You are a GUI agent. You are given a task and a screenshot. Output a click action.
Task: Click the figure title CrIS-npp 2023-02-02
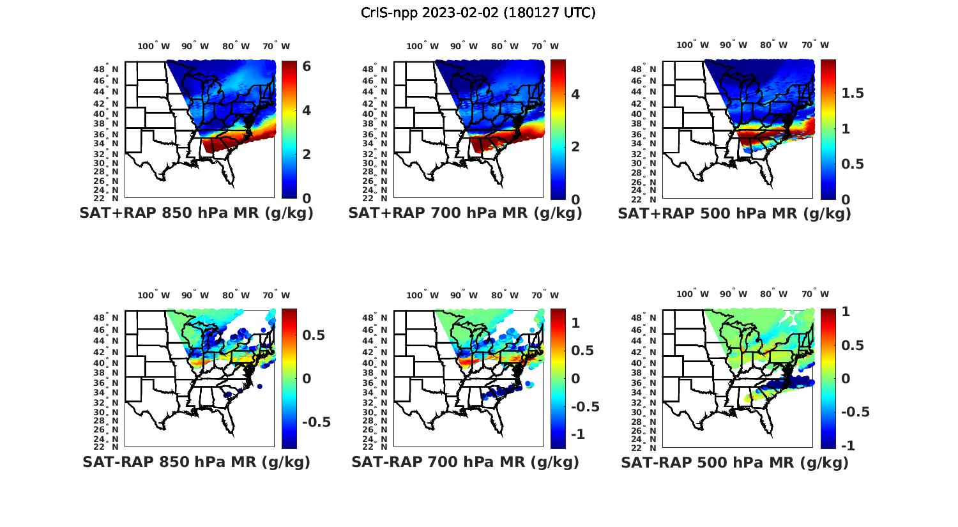(478, 13)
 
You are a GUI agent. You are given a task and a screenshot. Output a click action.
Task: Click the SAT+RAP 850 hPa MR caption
(196, 213)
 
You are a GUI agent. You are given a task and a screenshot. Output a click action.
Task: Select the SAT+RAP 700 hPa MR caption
(465, 213)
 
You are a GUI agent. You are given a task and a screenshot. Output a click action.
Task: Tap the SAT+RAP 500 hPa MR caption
(734, 213)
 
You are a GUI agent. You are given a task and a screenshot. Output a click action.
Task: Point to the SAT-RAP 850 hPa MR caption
(196, 462)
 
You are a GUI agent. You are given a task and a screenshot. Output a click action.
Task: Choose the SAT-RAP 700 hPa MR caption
(465, 462)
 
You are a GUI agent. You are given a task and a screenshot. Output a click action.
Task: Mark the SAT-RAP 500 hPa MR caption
(734, 462)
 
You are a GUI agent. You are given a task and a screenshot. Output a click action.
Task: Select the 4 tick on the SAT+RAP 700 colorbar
(575, 95)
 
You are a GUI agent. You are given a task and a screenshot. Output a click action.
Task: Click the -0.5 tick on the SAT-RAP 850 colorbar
(316, 422)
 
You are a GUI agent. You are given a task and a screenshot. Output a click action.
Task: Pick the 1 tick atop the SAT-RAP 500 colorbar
(846, 312)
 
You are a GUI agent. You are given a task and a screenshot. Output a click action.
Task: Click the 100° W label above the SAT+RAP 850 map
(154, 46)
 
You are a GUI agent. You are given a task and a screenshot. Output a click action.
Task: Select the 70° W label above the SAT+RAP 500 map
(815, 45)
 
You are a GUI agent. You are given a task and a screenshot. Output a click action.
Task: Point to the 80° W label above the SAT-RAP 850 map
(236, 295)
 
